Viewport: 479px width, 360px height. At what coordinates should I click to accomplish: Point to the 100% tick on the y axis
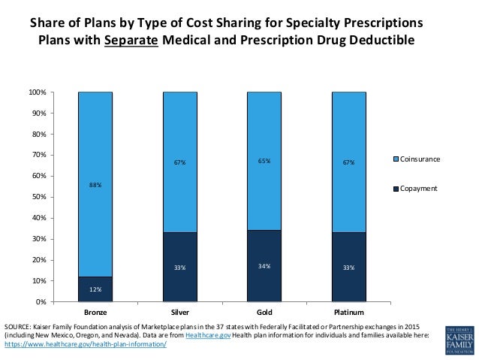(x=38, y=92)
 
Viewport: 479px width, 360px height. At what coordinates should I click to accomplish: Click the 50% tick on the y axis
(x=39, y=197)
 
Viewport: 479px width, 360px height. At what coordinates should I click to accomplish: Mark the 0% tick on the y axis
(x=41, y=301)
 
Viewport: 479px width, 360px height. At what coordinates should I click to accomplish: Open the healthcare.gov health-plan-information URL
(x=85, y=345)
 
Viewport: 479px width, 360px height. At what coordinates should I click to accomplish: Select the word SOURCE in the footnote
(x=18, y=327)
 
